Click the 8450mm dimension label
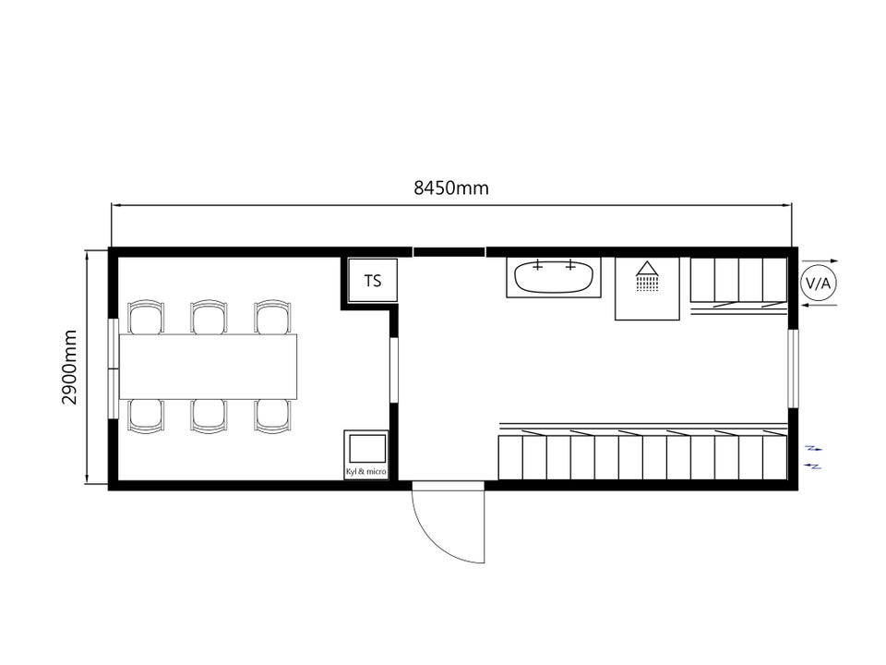pyautogui.click(x=451, y=187)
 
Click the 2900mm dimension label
pyautogui.click(x=69, y=367)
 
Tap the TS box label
pyautogui.click(x=372, y=281)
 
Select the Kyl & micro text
pyautogui.click(x=366, y=471)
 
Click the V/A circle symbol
pyautogui.click(x=819, y=284)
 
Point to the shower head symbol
pyautogui.click(x=647, y=275)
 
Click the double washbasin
pyautogui.click(x=554, y=276)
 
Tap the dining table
pyautogui.click(x=208, y=367)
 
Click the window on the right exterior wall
pyautogui.click(x=794, y=369)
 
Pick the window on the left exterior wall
pyautogui.click(x=113, y=369)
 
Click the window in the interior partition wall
pyautogui.click(x=394, y=369)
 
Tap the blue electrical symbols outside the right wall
pyautogui.click(x=814, y=457)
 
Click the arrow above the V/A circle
pyautogui.click(x=820, y=260)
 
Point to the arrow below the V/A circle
pyautogui.click(x=820, y=305)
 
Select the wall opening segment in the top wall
pyautogui.click(x=449, y=251)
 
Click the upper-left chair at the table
pyautogui.click(x=146, y=317)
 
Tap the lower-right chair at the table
pyautogui.click(x=273, y=417)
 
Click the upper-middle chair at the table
pyautogui.click(x=210, y=317)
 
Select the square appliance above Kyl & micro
pyautogui.click(x=367, y=448)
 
